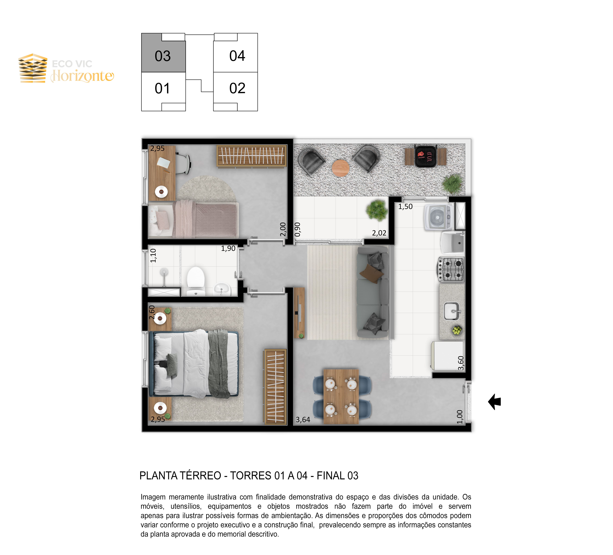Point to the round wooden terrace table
pyautogui.click(x=340, y=168)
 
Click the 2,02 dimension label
pyautogui.click(x=379, y=233)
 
